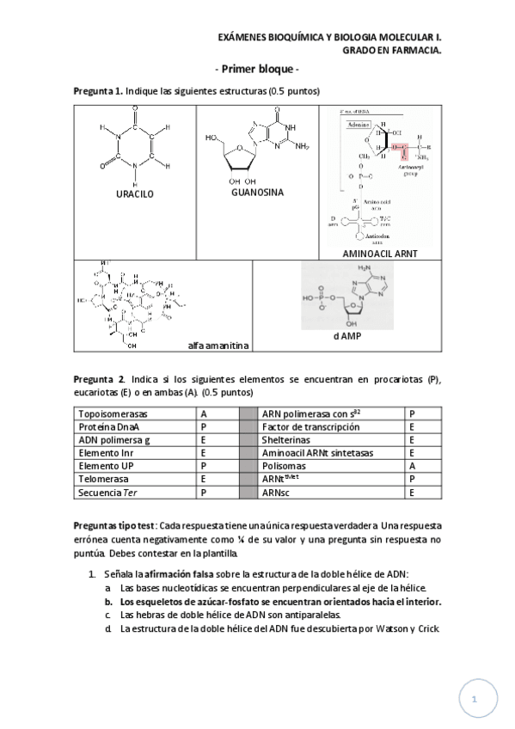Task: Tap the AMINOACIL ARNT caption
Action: tap(379, 254)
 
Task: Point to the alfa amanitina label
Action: tap(218, 346)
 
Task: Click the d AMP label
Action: tap(346, 336)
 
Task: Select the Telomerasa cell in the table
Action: tap(103, 480)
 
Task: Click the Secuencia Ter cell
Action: tap(107, 493)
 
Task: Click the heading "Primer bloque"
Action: tap(256, 69)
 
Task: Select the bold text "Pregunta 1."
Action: tap(98, 91)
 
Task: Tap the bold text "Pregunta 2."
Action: tap(100, 379)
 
